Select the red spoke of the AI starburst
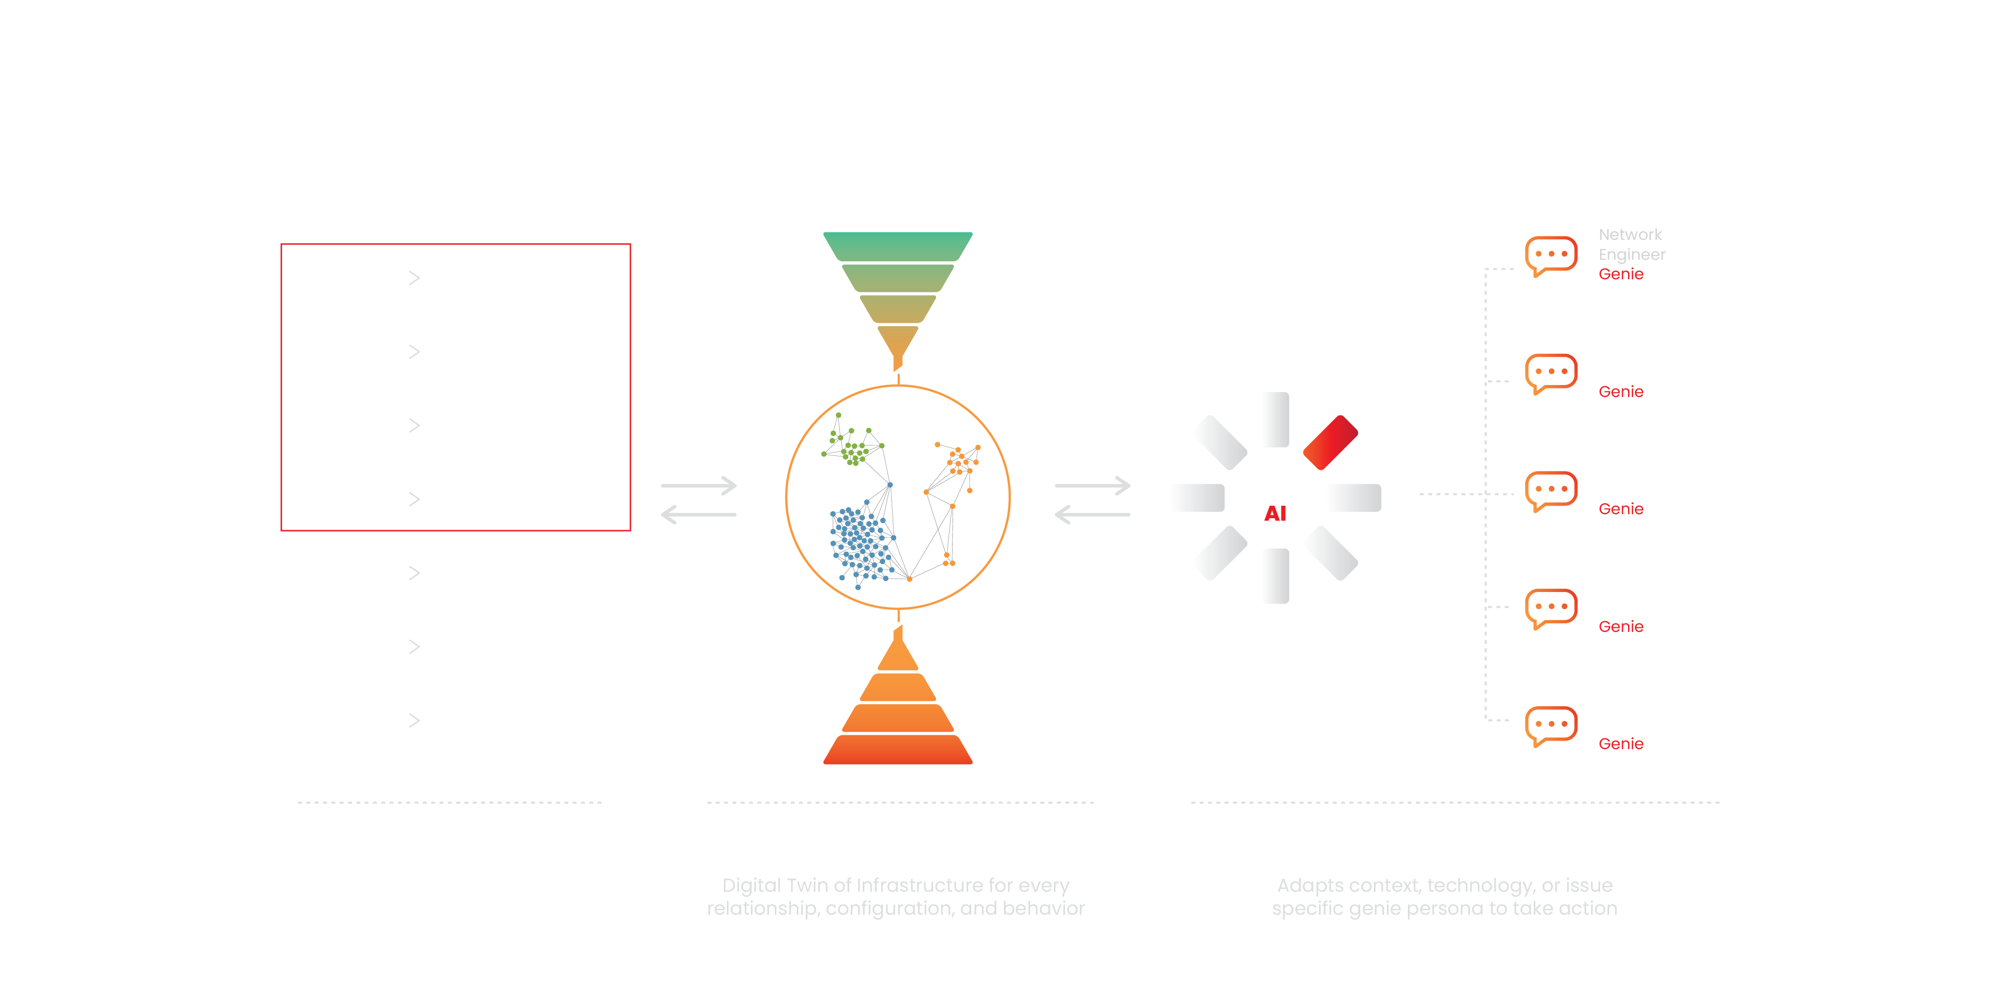click(1331, 442)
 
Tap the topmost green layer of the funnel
click(898, 246)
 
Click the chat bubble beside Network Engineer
click(1551, 256)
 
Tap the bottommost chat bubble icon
click(1551, 726)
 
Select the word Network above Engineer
click(1630, 234)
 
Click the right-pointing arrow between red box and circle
click(698, 486)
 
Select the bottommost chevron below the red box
click(414, 721)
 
